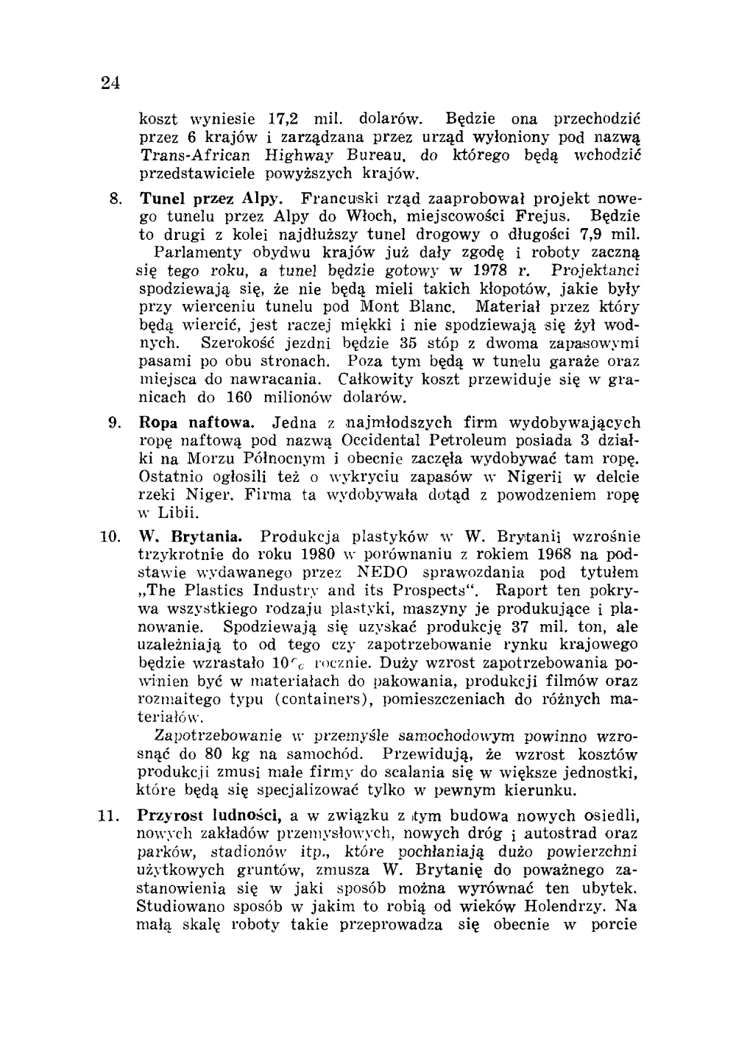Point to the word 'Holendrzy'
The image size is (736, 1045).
coord(570,907)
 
